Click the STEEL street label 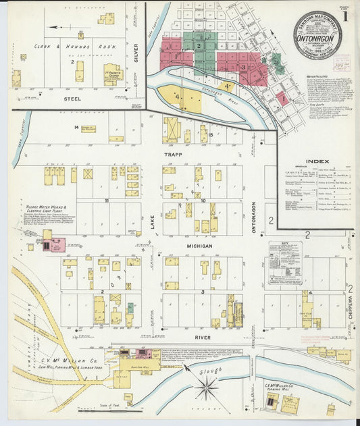coord(73,99)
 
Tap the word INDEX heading coord(317,161)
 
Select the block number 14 coord(77,127)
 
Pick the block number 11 coord(107,201)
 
